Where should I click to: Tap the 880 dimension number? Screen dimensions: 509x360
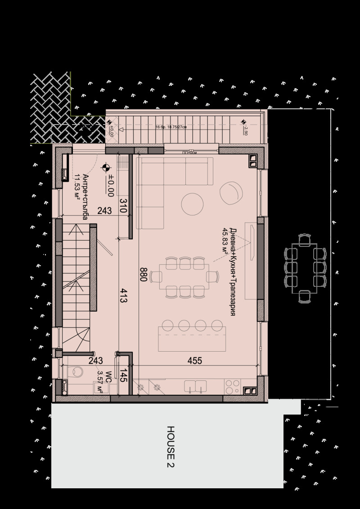pyautogui.click(x=144, y=274)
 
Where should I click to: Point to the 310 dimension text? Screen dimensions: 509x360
pyautogui.click(x=123, y=206)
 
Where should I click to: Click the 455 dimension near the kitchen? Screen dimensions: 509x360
pyautogui.click(x=194, y=360)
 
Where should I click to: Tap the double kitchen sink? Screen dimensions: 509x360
pyautogui.click(x=196, y=386)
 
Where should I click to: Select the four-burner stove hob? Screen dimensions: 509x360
pyautogui.click(x=232, y=386)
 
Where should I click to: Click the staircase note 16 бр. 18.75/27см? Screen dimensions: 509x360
pyautogui.click(x=171, y=127)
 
